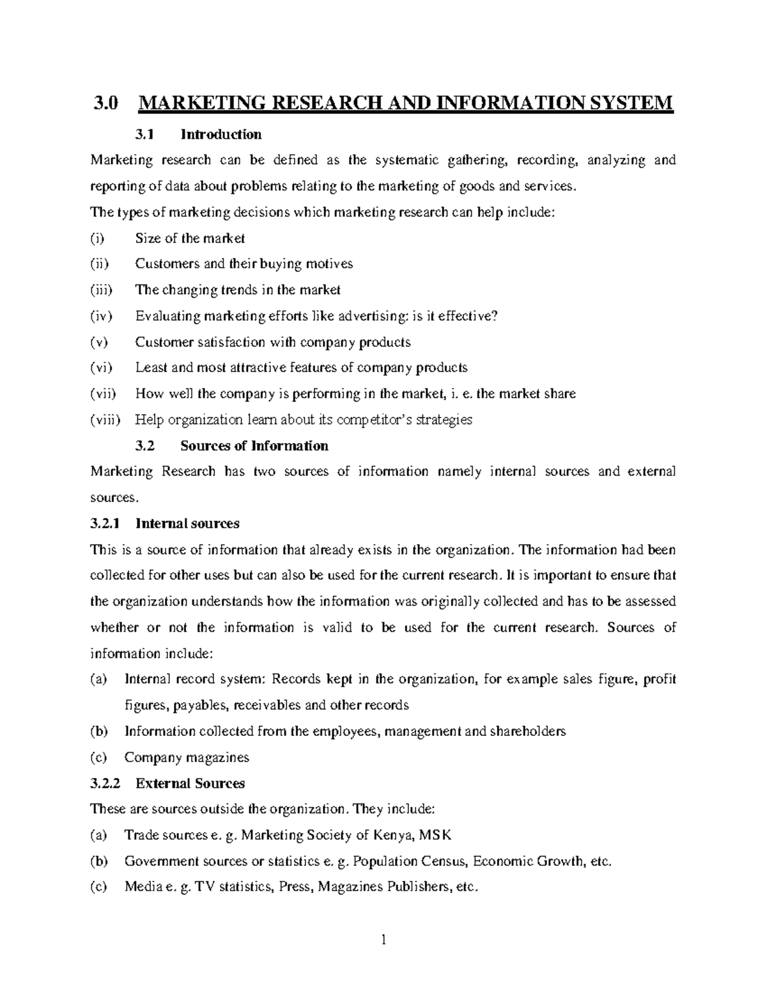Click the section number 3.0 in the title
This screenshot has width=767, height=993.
tap(105, 103)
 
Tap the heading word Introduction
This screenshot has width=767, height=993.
tap(221, 134)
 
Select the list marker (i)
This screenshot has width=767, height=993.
tap(97, 238)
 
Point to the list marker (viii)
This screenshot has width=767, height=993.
tap(104, 420)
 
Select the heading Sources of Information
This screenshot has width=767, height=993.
tap(254, 446)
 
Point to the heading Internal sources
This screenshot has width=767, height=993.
tap(187, 524)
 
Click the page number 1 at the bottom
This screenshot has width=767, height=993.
tap(383, 939)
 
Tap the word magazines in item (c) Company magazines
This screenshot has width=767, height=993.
tap(217, 758)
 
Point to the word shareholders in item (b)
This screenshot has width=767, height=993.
tap(527, 731)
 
